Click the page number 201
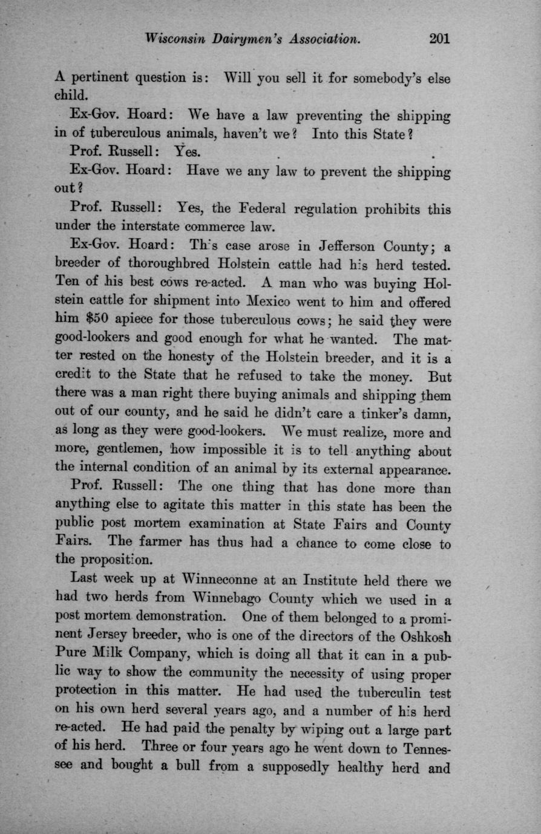(x=439, y=39)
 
